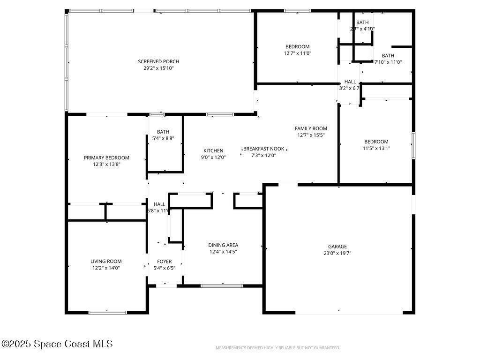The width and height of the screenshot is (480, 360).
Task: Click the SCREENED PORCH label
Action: tap(158, 61)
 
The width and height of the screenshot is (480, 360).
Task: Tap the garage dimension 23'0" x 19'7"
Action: tap(337, 253)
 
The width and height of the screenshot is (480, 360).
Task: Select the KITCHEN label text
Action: tap(213, 151)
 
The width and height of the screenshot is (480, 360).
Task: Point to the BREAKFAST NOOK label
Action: tap(263, 149)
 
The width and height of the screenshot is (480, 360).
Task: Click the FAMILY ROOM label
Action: tap(311, 128)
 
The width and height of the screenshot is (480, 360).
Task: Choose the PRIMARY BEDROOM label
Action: tap(106, 158)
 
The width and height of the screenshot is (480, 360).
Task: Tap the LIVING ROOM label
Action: tap(106, 262)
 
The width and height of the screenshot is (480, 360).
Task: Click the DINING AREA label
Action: tap(223, 245)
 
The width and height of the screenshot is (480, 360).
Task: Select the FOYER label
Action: tap(164, 262)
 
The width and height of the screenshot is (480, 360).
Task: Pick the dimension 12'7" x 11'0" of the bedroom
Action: tap(298, 53)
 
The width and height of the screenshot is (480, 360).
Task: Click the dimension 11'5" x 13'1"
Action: tap(376, 148)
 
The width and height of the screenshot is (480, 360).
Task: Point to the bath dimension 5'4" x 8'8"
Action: tap(163, 138)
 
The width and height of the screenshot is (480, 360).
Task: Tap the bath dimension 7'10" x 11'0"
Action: tap(388, 62)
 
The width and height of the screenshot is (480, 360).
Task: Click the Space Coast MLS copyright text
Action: tap(57, 344)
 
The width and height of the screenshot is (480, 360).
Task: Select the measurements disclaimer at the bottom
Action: tap(277, 348)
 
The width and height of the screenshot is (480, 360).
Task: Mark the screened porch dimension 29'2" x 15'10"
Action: tap(158, 68)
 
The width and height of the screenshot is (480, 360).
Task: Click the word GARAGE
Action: tap(337, 247)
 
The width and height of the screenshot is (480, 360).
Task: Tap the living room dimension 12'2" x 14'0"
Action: tap(106, 268)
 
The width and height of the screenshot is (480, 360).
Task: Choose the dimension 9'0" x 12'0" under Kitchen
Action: tap(213, 157)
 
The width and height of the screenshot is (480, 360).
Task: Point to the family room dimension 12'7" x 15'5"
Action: tap(311, 135)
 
